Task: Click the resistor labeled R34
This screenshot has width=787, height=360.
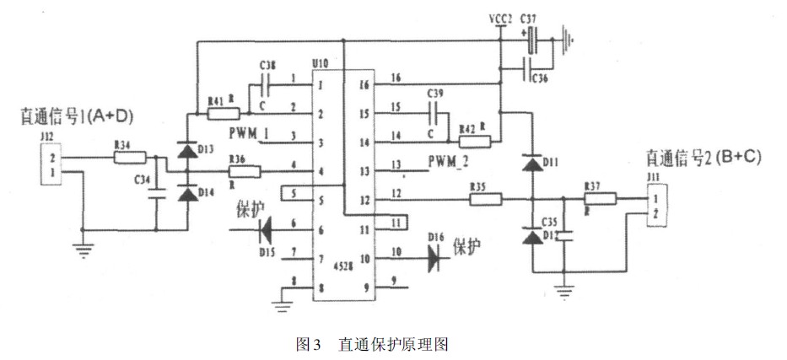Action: click(x=131, y=157)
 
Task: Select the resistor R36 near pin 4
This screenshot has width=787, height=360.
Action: click(x=244, y=172)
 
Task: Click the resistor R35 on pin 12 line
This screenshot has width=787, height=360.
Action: click(x=487, y=200)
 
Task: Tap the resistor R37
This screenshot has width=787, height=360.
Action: click(x=600, y=199)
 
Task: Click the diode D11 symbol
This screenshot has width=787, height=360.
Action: click(x=531, y=163)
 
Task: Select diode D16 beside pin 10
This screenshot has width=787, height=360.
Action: click(x=437, y=257)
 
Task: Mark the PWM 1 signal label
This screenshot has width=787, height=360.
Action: click(x=248, y=132)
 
